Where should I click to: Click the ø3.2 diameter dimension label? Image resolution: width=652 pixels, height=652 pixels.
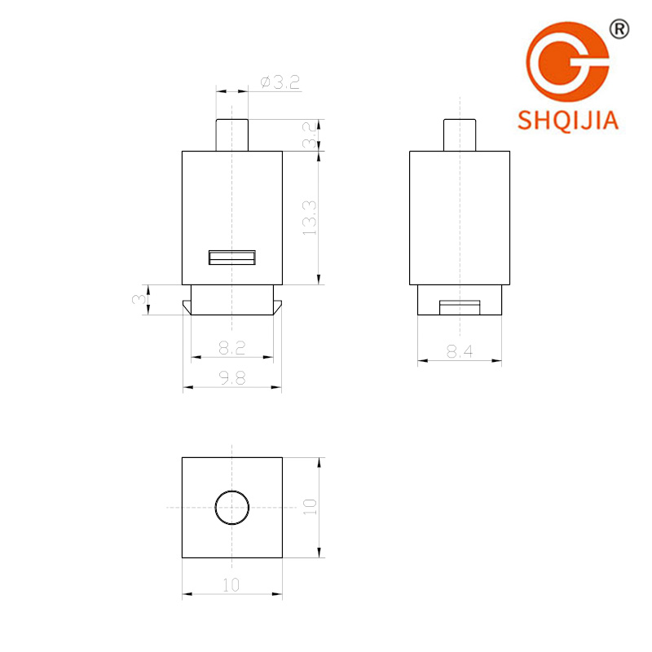click(x=280, y=82)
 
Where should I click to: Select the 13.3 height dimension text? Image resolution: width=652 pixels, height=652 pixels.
click(x=310, y=218)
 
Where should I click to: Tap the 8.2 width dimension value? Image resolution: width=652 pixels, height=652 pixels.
click(x=232, y=348)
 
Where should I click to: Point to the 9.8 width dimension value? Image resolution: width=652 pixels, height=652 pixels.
click(x=232, y=378)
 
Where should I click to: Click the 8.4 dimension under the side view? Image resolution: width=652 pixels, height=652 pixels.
click(x=460, y=352)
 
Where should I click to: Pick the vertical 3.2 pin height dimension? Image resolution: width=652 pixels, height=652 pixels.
click(x=310, y=135)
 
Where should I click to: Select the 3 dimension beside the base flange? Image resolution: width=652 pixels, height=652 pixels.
click(x=139, y=299)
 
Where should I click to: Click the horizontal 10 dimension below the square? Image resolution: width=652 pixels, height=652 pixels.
click(x=231, y=585)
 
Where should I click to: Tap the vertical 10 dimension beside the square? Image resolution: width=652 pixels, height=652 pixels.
click(x=310, y=507)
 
